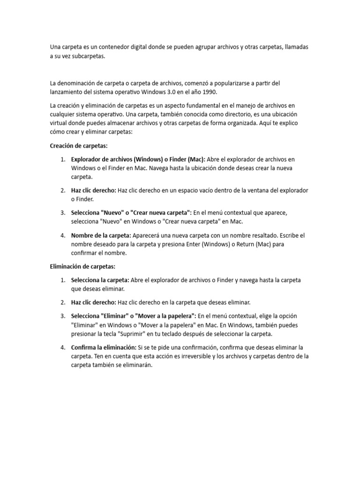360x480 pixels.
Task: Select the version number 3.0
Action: coord(167,92)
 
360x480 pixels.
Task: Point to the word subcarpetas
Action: coord(90,57)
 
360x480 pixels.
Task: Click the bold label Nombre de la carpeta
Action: coord(101,235)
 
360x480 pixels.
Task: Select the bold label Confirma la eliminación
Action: coord(103,347)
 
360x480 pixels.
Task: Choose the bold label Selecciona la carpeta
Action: coord(100,280)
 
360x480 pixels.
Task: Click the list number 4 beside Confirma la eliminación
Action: coord(62,347)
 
